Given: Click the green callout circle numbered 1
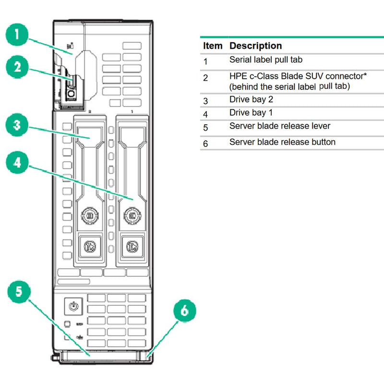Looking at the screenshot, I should (18, 35).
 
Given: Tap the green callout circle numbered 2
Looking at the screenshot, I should (18, 67).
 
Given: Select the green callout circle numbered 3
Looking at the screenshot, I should (18, 126).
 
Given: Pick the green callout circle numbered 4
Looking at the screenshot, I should (18, 163).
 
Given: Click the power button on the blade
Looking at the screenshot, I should (73, 305).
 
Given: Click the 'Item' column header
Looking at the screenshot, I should (213, 46).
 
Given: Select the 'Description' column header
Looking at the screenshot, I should (255, 46).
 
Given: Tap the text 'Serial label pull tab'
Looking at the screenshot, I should (265, 60).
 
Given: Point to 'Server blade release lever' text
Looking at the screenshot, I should (279, 126).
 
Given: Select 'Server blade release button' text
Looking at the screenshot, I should (282, 142).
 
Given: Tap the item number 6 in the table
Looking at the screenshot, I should (205, 144).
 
